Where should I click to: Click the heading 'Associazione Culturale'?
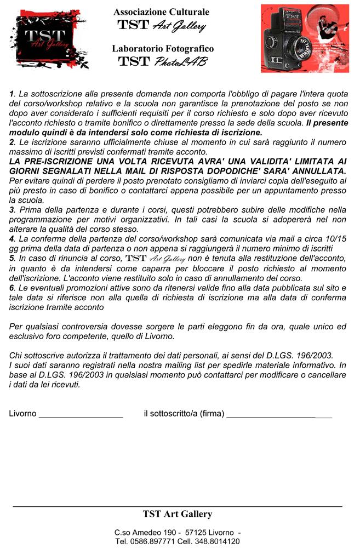tap(161, 12)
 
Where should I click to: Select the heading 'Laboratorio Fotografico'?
tap(163, 48)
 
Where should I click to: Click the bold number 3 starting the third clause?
tap(12, 209)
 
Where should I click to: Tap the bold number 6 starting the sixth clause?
tap(12, 288)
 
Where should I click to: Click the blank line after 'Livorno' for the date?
tap(81, 414)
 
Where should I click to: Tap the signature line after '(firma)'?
tap(279, 414)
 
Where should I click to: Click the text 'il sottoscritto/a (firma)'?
tap(184, 413)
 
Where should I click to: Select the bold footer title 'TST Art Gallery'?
tap(177, 514)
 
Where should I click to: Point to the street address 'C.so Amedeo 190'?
tap(145, 533)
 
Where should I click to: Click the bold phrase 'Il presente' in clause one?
tap(327, 124)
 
